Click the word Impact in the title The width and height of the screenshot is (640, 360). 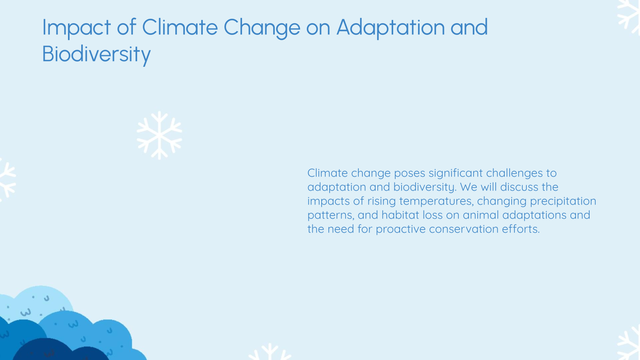coord(76,28)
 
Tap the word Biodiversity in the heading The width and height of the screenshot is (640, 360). coord(96,54)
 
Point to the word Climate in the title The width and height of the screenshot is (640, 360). coord(180,27)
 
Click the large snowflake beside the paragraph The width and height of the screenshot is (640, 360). coord(159,135)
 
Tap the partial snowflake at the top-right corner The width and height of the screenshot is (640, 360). coord(630,16)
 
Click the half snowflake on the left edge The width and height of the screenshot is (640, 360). coord(6,180)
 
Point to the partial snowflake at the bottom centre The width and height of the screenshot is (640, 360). coord(270,353)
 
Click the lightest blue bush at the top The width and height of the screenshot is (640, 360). coord(40,300)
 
